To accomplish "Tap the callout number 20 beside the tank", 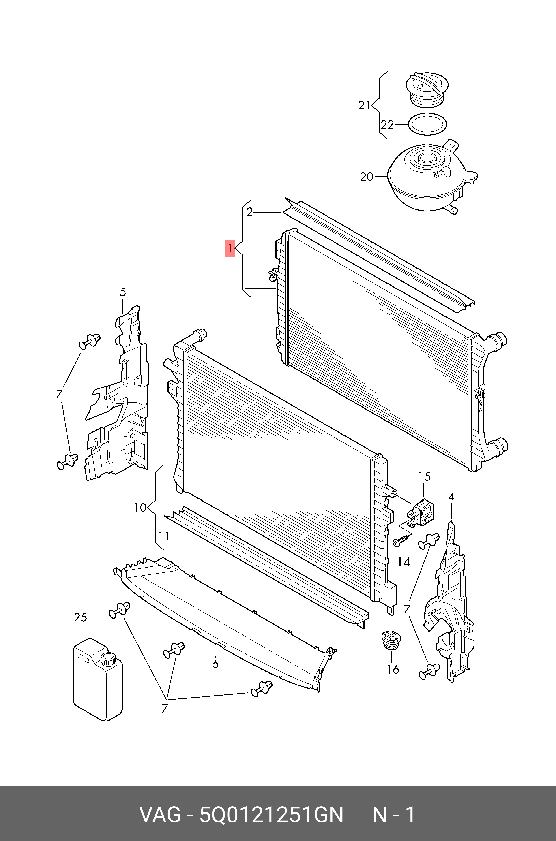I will (x=367, y=177).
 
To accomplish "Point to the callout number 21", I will (x=364, y=106).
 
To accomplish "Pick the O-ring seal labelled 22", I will (x=427, y=124).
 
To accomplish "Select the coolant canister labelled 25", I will (x=97, y=679).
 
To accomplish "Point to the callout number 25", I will (x=80, y=617).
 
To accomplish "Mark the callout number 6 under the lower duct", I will (x=215, y=664).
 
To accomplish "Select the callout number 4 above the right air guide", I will (x=451, y=497).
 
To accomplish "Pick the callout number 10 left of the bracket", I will (x=140, y=508).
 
